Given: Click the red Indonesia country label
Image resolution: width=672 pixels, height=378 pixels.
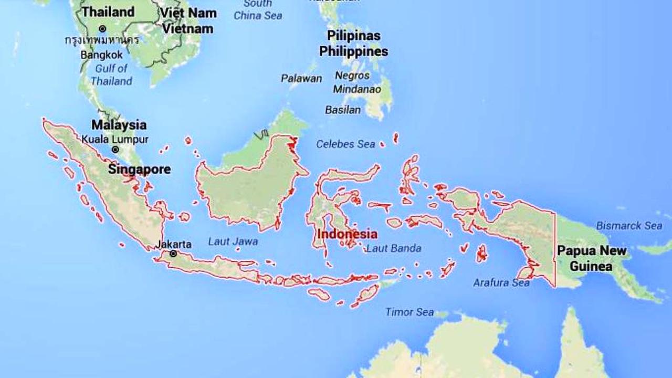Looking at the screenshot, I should point(347,234).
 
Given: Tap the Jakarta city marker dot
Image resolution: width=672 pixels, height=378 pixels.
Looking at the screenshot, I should point(173,254).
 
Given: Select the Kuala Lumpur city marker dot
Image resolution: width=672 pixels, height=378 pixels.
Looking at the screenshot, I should point(115,150).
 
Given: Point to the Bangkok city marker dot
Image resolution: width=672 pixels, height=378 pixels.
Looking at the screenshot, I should point(102,28).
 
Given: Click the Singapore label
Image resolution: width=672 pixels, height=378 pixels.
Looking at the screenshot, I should point(139,170).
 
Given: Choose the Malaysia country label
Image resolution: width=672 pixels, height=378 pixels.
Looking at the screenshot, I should point(119,125).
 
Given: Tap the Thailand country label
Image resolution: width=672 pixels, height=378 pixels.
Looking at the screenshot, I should point(109,12).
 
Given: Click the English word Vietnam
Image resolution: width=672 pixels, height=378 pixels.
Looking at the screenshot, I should point(187,29).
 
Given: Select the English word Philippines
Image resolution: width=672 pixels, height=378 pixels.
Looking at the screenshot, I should point(354,51).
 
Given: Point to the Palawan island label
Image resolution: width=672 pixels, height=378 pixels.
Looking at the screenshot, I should point(301,79).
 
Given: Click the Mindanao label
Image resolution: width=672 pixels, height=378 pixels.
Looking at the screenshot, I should point(357,89).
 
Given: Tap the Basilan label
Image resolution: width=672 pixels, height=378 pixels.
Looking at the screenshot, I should point(343,110).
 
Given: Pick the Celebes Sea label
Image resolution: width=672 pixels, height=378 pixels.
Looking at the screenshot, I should point(345,144).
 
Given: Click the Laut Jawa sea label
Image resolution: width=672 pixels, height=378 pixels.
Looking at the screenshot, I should point(233,241).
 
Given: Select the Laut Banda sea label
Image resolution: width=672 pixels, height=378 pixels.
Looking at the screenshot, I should point(394,248).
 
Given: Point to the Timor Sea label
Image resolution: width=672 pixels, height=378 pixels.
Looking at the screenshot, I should point(409,312).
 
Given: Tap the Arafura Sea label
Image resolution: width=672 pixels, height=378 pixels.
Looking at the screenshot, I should point(501,282).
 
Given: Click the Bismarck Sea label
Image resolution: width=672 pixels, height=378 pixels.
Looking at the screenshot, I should point(629,226).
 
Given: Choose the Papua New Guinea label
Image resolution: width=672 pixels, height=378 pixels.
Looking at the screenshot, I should point(592,258).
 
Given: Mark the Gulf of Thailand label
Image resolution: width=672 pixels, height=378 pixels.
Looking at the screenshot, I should point(111,75).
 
